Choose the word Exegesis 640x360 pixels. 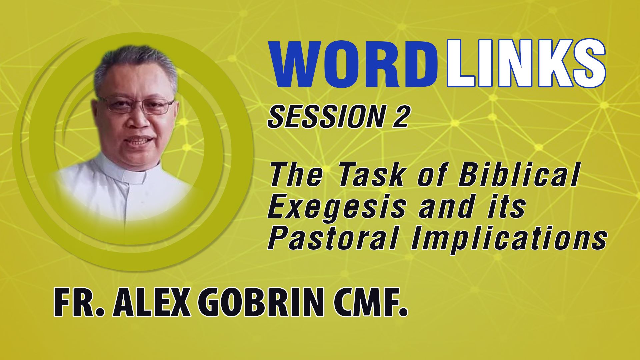tap(336, 208)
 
